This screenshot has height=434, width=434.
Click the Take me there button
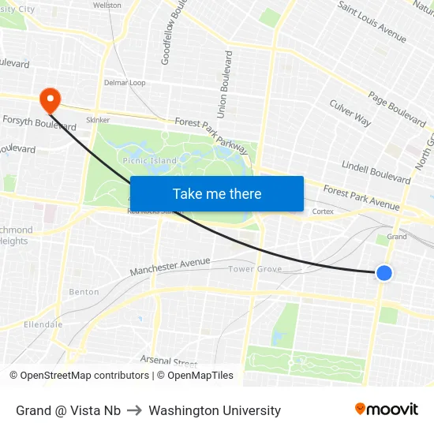point(217,193)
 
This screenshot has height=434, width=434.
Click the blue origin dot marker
point(383,273)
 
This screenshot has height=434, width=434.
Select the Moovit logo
point(386,410)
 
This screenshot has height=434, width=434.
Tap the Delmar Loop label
point(125,83)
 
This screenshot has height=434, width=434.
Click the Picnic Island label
point(150,161)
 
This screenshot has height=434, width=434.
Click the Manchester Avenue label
point(170,267)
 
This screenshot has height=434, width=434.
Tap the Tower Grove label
point(255,270)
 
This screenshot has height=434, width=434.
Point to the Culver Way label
point(350,113)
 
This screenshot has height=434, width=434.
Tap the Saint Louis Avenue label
point(372,21)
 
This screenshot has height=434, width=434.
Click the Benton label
point(84,292)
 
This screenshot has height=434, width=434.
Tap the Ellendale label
point(43,324)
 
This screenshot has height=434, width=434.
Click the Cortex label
point(323,211)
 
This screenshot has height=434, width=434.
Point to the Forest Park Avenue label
point(361,198)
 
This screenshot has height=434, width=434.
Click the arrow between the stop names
point(135,410)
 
